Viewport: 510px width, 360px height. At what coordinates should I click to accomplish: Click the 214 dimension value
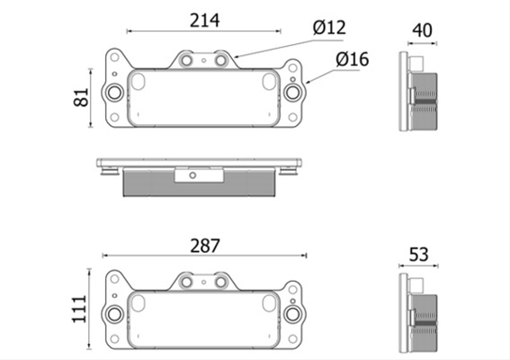click(x=204, y=21)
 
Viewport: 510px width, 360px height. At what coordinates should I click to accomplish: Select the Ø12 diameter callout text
click(x=329, y=27)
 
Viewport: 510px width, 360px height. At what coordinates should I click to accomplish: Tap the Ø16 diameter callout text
click(x=353, y=59)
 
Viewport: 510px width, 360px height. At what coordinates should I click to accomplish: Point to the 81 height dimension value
click(x=81, y=97)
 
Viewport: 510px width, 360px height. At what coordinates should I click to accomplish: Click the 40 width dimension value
click(x=422, y=31)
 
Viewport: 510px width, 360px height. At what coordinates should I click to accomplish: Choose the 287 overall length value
click(x=205, y=246)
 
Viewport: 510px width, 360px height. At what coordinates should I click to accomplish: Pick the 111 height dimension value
click(x=80, y=309)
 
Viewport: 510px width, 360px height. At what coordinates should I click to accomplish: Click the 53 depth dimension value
click(x=418, y=255)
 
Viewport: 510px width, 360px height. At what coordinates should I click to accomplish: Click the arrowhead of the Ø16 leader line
click(x=308, y=82)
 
